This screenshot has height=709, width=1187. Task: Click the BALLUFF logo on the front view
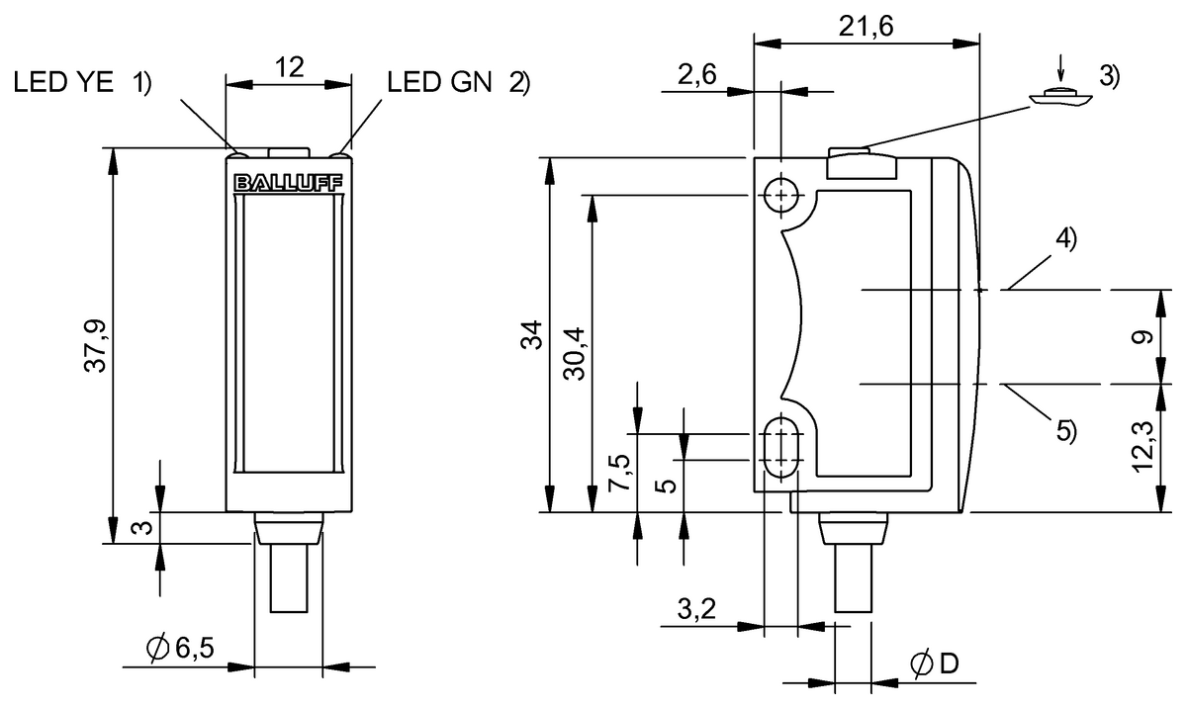click(288, 183)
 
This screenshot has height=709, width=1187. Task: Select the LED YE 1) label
click(83, 83)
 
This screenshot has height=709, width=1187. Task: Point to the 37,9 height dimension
click(96, 345)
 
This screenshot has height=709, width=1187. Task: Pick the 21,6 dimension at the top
click(866, 28)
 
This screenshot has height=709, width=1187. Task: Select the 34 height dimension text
click(532, 335)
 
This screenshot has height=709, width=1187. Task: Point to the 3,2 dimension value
click(696, 609)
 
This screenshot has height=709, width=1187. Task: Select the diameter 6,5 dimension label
click(180, 649)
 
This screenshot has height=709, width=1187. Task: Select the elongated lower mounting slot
click(782, 446)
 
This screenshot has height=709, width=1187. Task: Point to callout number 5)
click(1065, 430)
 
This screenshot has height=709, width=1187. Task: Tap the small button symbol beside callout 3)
click(1058, 97)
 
